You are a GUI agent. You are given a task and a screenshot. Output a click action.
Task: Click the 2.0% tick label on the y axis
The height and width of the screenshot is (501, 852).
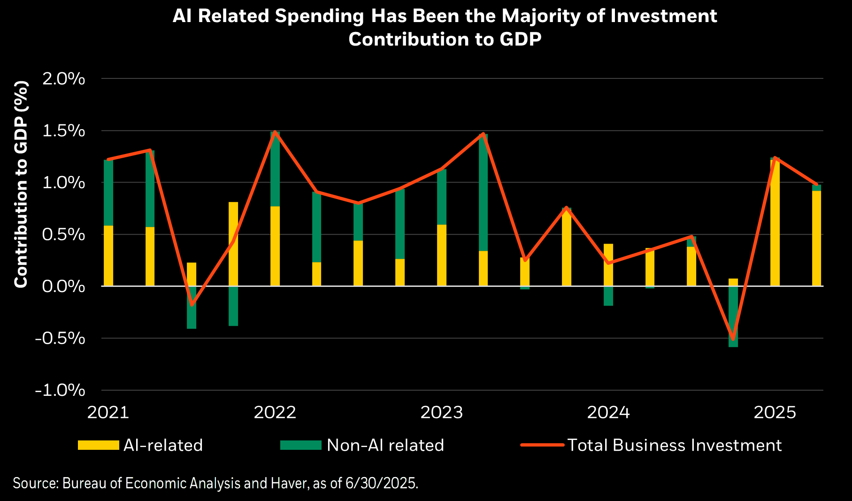tap(63, 79)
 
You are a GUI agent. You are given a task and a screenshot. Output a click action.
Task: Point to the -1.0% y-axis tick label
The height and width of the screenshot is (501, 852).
tap(60, 390)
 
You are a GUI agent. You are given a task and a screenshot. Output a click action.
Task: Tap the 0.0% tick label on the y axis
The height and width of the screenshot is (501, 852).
tap(63, 286)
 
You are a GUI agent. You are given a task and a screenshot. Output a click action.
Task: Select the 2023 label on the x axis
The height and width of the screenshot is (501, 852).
tap(441, 412)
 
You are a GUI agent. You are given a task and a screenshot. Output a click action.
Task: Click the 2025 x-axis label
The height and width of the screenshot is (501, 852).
tap(775, 412)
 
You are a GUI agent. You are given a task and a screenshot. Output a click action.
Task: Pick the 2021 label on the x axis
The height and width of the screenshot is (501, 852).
tap(108, 412)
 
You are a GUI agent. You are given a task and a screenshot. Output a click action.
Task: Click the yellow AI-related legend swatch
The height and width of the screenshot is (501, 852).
tap(99, 445)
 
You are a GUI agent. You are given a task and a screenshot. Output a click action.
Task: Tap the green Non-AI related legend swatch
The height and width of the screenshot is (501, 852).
tap(300, 445)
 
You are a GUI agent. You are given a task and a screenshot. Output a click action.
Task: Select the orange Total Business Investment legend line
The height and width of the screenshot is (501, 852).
tap(542, 445)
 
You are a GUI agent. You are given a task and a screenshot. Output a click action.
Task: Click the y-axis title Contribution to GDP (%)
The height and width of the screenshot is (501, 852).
tap(21, 184)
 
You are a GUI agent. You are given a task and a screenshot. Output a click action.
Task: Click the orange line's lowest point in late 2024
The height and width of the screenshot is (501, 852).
tap(733, 339)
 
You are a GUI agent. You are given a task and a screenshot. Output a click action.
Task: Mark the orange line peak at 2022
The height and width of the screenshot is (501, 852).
tap(275, 132)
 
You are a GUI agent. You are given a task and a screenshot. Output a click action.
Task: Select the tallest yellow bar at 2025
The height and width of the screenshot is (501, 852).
tap(775, 223)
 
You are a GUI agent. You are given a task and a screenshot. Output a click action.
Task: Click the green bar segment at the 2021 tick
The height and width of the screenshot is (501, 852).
tap(108, 193)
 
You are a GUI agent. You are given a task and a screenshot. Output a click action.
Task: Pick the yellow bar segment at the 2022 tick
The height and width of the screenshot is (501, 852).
tap(275, 246)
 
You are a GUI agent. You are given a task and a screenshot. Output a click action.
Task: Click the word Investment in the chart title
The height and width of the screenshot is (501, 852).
tap(664, 16)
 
